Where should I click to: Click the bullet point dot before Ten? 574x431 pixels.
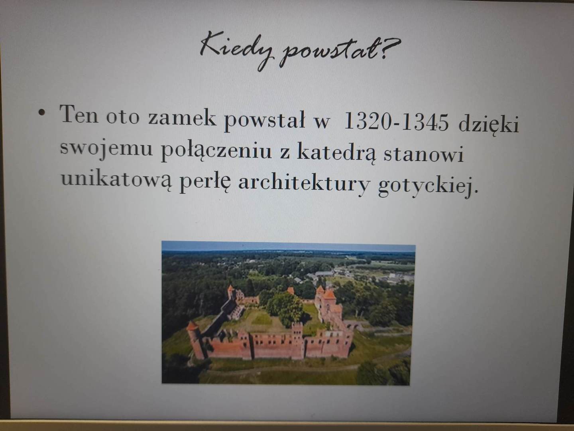[x=41, y=113]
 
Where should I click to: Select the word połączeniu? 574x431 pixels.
[x=216, y=151]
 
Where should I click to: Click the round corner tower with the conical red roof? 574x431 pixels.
[x=195, y=340]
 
